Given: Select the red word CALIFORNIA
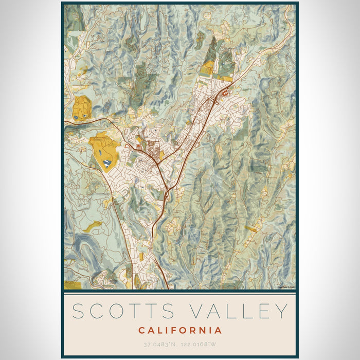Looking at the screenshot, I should pos(180,330).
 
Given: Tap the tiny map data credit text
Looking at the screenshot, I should pos(285,287).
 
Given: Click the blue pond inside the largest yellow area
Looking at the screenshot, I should pos(106,163).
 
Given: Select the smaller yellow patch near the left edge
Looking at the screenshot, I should pos(81,107).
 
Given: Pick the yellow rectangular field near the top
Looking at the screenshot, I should pos(207,68).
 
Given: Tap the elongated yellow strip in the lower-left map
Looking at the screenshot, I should pos(93,226).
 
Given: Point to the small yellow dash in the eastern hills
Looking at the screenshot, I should pos(251,228).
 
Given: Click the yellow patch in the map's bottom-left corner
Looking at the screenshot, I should pos(71,285).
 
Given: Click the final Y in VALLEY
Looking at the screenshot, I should pos(280,312).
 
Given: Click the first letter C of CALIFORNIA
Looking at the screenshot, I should pos(141,330).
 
